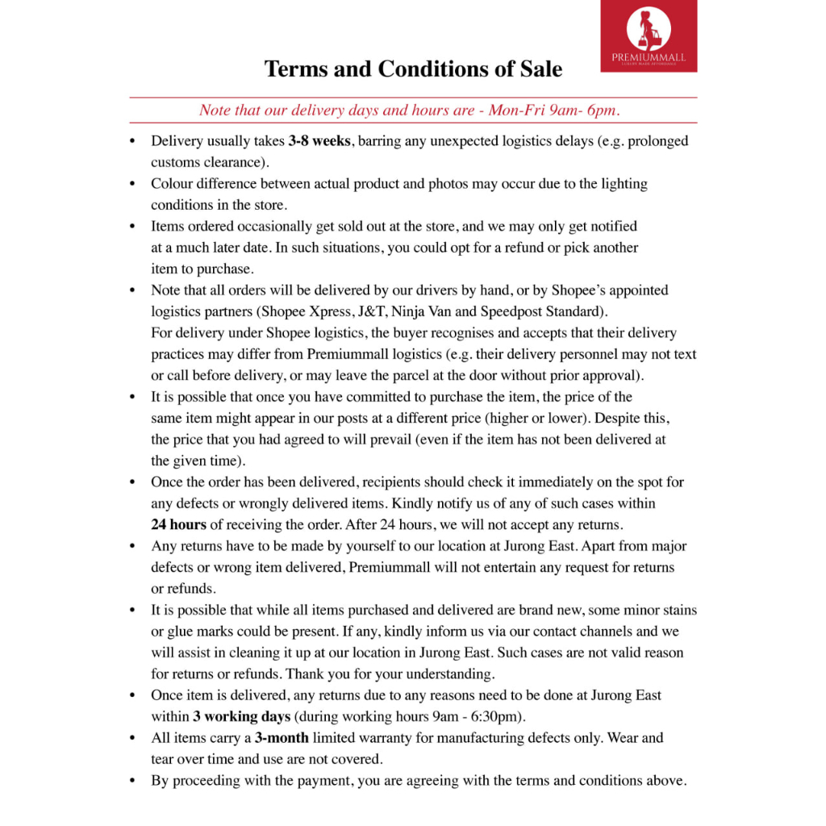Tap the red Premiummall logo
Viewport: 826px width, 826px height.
click(x=649, y=36)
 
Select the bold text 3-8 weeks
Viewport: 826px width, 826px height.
click(x=319, y=141)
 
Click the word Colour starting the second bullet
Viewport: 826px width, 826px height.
click(x=173, y=184)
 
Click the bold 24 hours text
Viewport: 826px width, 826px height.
click(x=178, y=524)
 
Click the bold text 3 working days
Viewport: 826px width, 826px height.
click(x=242, y=715)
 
